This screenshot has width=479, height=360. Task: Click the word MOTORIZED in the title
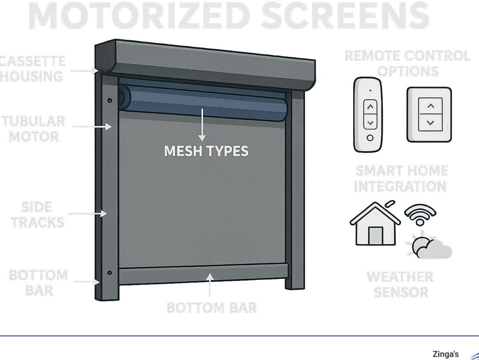[x=139, y=16]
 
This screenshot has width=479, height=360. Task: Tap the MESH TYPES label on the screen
[x=206, y=151]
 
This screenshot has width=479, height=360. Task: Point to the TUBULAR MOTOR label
[x=34, y=129]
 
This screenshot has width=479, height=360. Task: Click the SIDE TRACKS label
[x=37, y=215]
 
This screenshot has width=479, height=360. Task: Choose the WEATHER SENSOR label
[x=400, y=284]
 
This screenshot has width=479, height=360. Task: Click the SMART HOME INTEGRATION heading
[x=401, y=179]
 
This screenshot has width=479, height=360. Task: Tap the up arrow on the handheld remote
[x=370, y=107]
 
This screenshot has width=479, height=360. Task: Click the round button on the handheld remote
[x=370, y=138]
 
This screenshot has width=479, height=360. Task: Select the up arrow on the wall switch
[x=430, y=106]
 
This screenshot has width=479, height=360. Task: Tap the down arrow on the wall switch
[x=430, y=122]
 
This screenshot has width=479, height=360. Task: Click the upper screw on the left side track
[x=110, y=101]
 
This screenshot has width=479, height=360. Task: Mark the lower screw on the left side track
[x=110, y=273]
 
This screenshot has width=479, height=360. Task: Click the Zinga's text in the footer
[x=445, y=354]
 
